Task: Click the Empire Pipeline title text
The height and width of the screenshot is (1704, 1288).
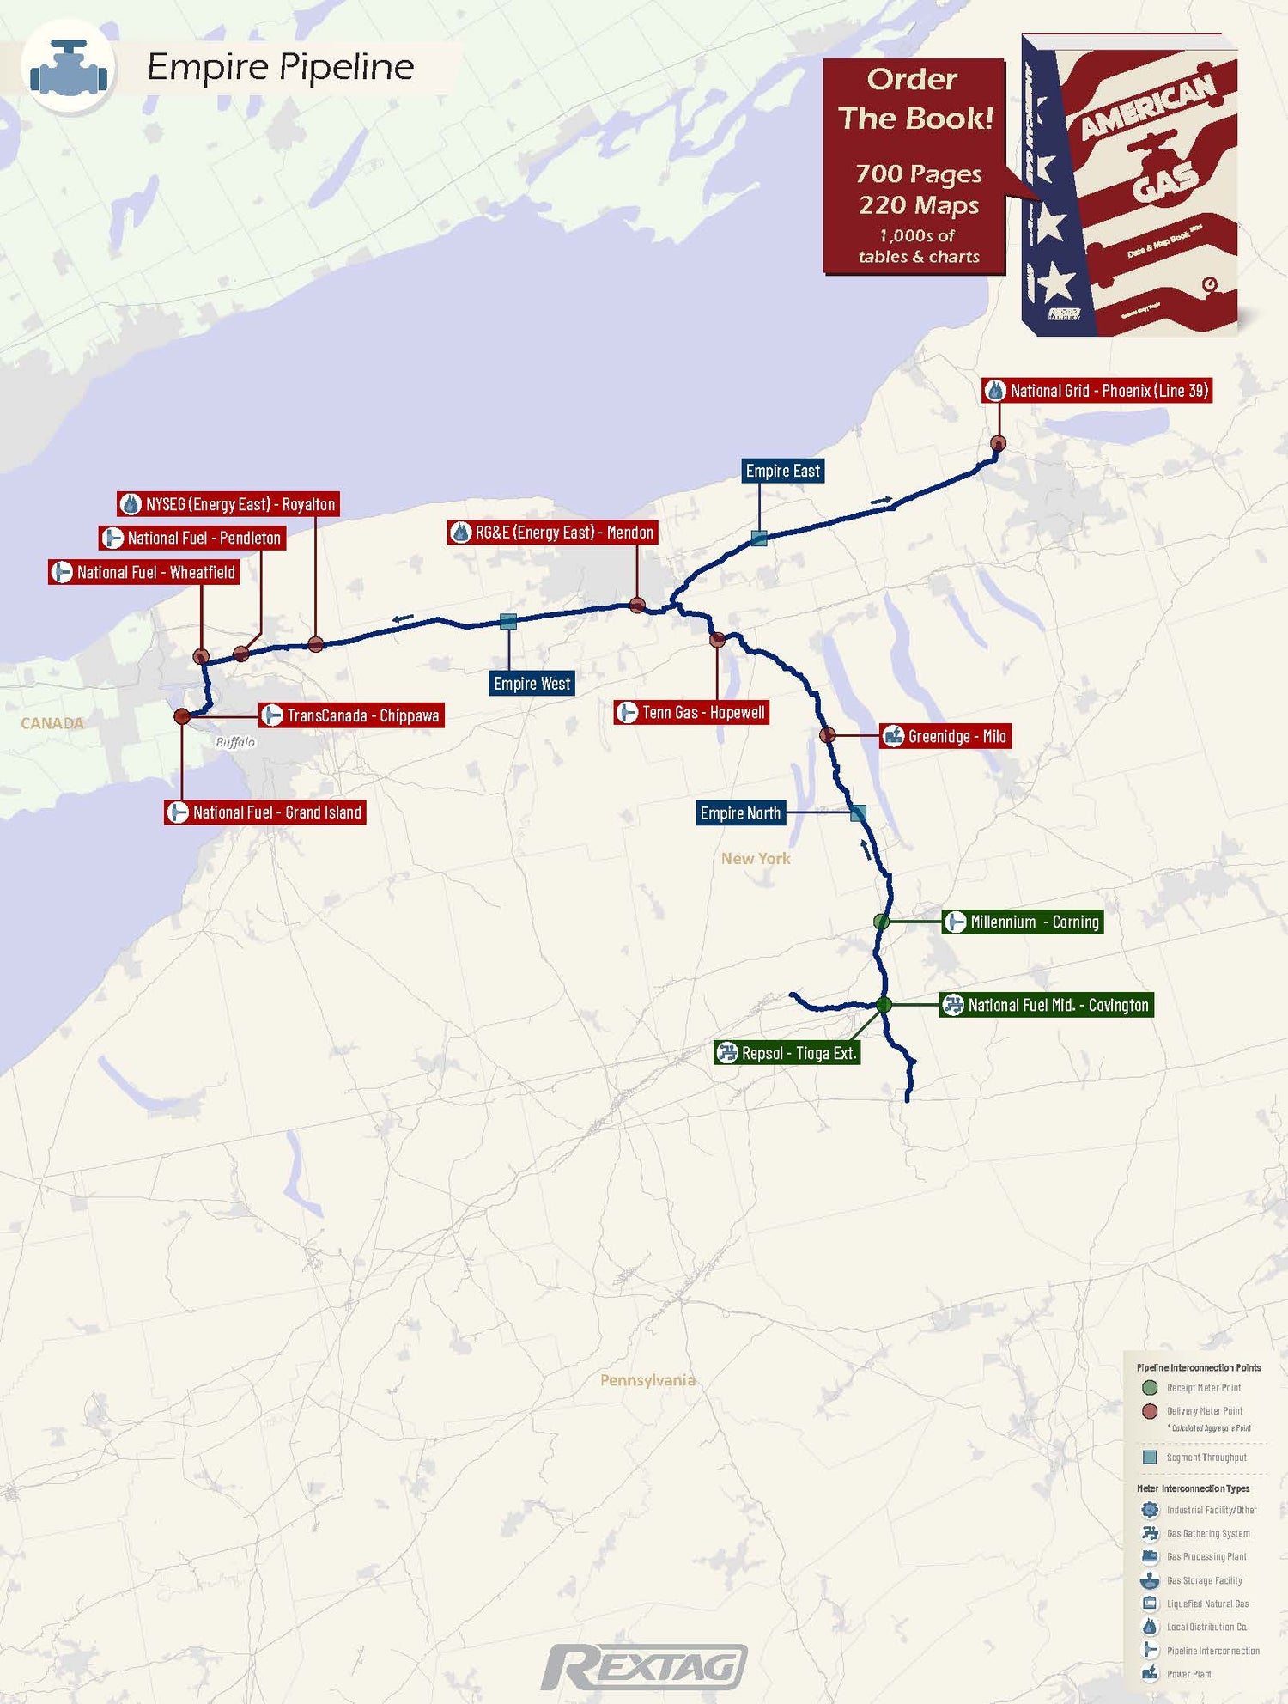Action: pyautogui.click(x=280, y=67)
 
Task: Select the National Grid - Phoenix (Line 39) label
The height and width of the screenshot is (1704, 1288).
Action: pyautogui.click(x=1097, y=391)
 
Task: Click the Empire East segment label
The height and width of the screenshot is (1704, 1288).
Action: pyautogui.click(x=782, y=471)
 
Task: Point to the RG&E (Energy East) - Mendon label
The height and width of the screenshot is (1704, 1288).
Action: pyautogui.click(x=552, y=532)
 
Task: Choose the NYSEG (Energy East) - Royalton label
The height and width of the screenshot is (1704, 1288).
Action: pyautogui.click(x=228, y=504)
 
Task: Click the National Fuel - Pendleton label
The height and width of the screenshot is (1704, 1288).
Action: pyautogui.click(x=192, y=539)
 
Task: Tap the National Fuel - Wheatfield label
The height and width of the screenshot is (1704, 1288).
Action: pyautogui.click(x=143, y=573)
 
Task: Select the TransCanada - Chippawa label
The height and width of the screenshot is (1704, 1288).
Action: pyautogui.click(x=351, y=715)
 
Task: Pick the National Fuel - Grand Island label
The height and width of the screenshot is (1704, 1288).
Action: pyautogui.click(x=265, y=812)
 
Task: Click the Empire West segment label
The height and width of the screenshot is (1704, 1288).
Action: pyautogui.click(x=532, y=684)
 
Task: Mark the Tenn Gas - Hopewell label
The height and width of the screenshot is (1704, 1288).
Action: pyautogui.click(x=691, y=713)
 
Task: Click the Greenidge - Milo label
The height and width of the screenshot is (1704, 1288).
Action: pyautogui.click(x=945, y=736)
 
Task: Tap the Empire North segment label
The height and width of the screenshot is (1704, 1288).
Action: pyautogui.click(x=740, y=813)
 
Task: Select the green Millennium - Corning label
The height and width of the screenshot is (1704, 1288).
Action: pyautogui.click(x=1023, y=922)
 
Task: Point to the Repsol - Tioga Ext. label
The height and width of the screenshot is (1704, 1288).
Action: pyautogui.click(x=787, y=1053)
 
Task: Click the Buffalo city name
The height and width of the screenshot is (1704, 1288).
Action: pyautogui.click(x=235, y=742)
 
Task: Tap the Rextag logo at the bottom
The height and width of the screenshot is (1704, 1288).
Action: pyautogui.click(x=644, y=1667)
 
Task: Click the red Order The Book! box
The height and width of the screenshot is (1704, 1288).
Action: pyautogui.click(x=914, y=167)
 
